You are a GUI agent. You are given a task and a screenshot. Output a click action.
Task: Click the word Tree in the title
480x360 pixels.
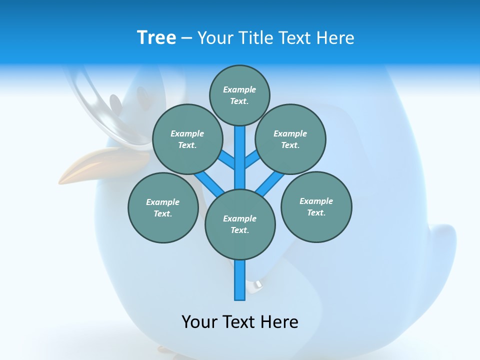tap(156, 38)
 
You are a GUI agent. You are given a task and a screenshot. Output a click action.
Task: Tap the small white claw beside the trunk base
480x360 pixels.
tap(258, 284)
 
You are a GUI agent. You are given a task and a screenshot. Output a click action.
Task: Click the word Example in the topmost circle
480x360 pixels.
tap(239, 89)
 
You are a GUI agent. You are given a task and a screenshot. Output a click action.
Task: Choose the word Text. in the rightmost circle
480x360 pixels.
tap(316, 212)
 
